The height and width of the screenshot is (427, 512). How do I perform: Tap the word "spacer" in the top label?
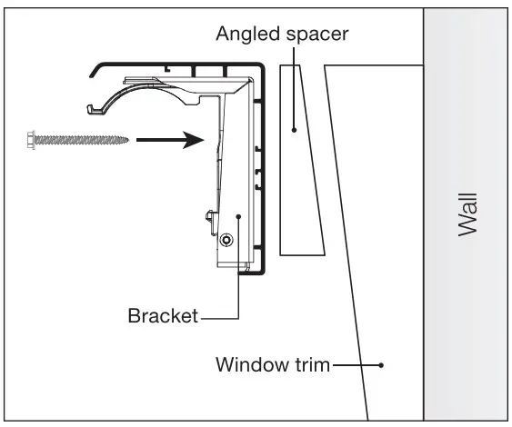coord(314,35)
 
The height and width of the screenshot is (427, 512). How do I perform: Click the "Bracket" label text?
coord(163,316)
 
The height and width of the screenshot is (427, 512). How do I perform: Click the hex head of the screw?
coord(25,141)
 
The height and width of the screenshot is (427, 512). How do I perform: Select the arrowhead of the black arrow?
coord(191,141)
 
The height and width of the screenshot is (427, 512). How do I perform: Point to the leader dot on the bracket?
coord(238,216)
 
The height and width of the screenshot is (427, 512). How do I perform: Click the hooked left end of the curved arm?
coord(92,110)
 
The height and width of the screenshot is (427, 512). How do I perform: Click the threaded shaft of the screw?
coord(77,141)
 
